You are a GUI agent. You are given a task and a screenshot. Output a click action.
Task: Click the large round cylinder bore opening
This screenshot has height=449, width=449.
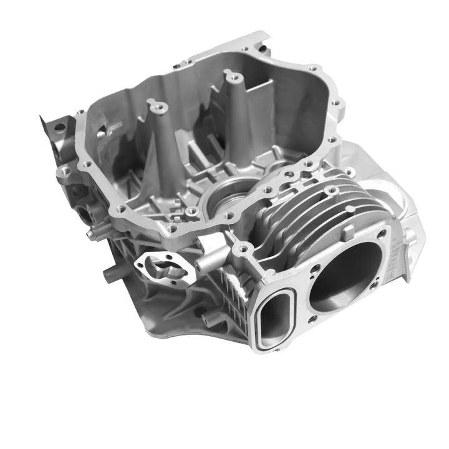[347, 275]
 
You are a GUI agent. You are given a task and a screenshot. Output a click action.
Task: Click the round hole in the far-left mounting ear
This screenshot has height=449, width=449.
[59, 128]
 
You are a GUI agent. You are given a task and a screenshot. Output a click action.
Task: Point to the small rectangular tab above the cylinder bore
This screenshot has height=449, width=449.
[349, 232]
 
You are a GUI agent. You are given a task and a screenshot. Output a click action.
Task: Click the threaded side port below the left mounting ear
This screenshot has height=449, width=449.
[83, 213]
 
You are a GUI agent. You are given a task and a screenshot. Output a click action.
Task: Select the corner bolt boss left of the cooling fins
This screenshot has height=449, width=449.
[243, 250]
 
